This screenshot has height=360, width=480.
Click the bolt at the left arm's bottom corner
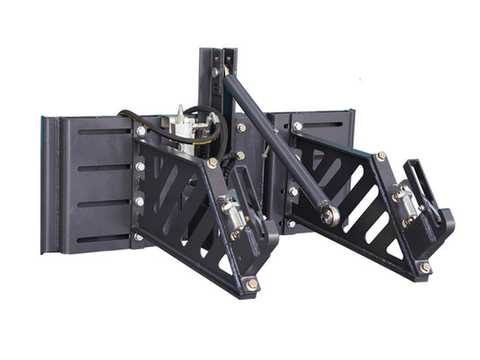coord(253,284)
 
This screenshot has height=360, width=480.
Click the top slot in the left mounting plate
coord(102,132)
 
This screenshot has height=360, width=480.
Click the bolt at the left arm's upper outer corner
coord(213,163)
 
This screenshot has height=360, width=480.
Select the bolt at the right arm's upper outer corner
coord(381,156)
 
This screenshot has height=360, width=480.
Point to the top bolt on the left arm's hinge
coord(141,131)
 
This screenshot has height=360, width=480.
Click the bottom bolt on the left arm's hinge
coord(138,236)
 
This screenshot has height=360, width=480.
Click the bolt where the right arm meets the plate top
coord(297,127)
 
